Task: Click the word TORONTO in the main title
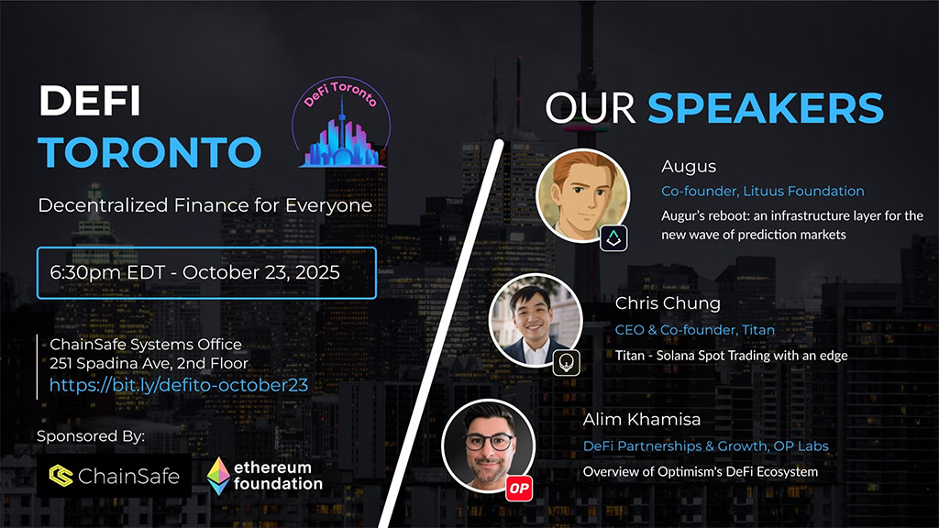[x=149, y=152]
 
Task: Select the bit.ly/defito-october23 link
[x=179, y=386]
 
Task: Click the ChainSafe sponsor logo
[x=114, y=476]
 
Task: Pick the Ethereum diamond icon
[x=218, y=476]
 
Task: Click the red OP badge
[x=520, y=489]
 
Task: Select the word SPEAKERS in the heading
[x=766, y=107]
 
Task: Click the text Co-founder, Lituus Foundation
[x=762, y=192]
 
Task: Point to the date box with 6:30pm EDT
[x=206, y=273]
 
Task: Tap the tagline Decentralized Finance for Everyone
[x=204, y=205]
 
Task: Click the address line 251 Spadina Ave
[x=149, y=365]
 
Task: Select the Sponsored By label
[x=91, y=436]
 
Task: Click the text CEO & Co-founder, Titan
[x=694, y=330]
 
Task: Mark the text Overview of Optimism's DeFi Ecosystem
[x=701, y=472]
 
